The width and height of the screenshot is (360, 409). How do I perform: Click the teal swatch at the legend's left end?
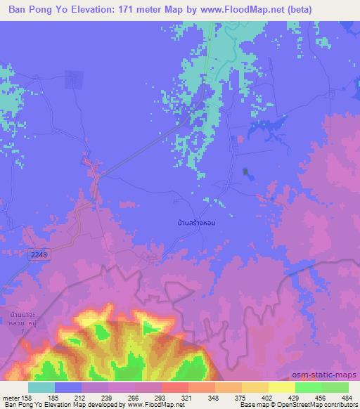click(41, 387)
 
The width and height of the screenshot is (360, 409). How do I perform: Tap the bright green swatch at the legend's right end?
click(335, 387)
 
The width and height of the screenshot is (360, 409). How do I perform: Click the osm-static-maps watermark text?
click(330, 376)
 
